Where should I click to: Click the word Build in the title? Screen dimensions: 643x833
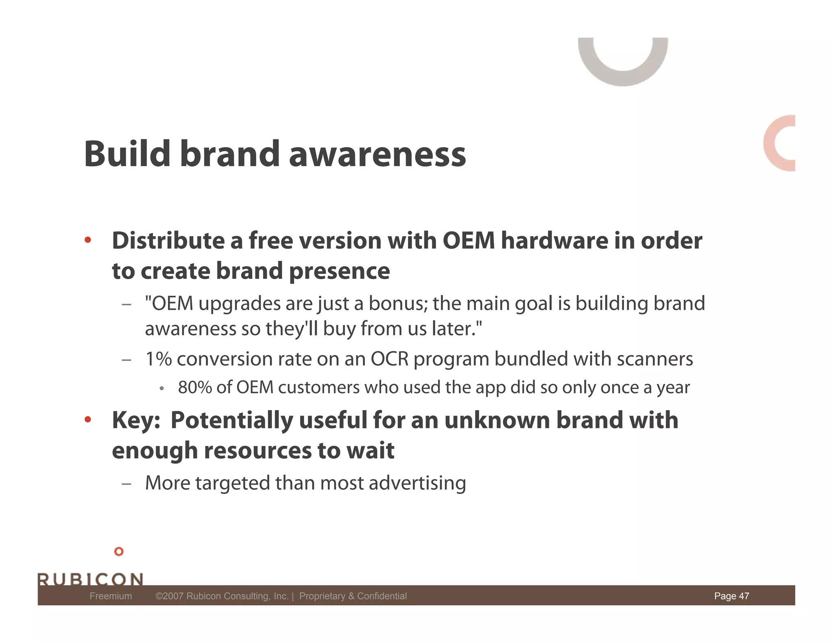[x=127, y=154]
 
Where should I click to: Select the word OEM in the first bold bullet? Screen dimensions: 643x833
[x=469, y=241]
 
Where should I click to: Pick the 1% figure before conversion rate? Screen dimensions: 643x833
[x=159, y=359]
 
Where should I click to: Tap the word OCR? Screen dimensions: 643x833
[x=389, y=359]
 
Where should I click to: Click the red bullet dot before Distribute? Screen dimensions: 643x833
[x=87, y=240]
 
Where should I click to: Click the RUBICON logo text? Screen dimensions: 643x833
[x=90, y=579]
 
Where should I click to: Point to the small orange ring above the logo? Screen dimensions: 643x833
[x=119, y=552]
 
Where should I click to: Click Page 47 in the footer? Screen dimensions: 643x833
[x=731, y=596]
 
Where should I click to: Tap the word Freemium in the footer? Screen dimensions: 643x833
[x=111, y=596]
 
